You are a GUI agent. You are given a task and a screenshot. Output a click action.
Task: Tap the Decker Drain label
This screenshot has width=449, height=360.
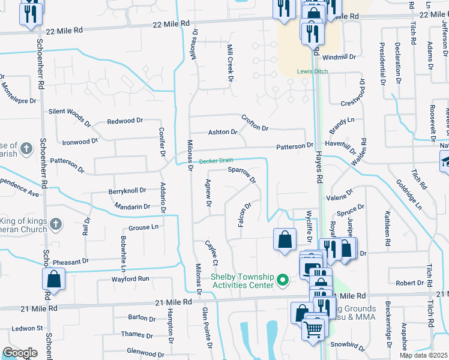(215, 161)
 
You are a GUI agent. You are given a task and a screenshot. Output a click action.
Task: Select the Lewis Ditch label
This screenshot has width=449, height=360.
(312, 72)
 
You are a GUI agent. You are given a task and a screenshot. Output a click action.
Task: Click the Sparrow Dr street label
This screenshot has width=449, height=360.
(242, 175)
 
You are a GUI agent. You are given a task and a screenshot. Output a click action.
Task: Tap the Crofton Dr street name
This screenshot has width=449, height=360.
(255, 122)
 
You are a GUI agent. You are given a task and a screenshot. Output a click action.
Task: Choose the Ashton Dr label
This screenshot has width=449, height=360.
(223, 132)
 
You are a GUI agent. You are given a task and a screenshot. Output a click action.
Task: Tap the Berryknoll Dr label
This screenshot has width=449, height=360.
(127, 191)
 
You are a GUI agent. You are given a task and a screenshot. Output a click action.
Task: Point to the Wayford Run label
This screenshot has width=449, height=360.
(130, 279)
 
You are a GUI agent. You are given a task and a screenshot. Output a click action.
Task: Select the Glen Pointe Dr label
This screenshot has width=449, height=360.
(207, 327)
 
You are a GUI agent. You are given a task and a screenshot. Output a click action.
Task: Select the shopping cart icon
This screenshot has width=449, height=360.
(313, 328)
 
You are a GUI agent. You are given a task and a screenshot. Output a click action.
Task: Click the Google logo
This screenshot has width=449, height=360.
(19, 353)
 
